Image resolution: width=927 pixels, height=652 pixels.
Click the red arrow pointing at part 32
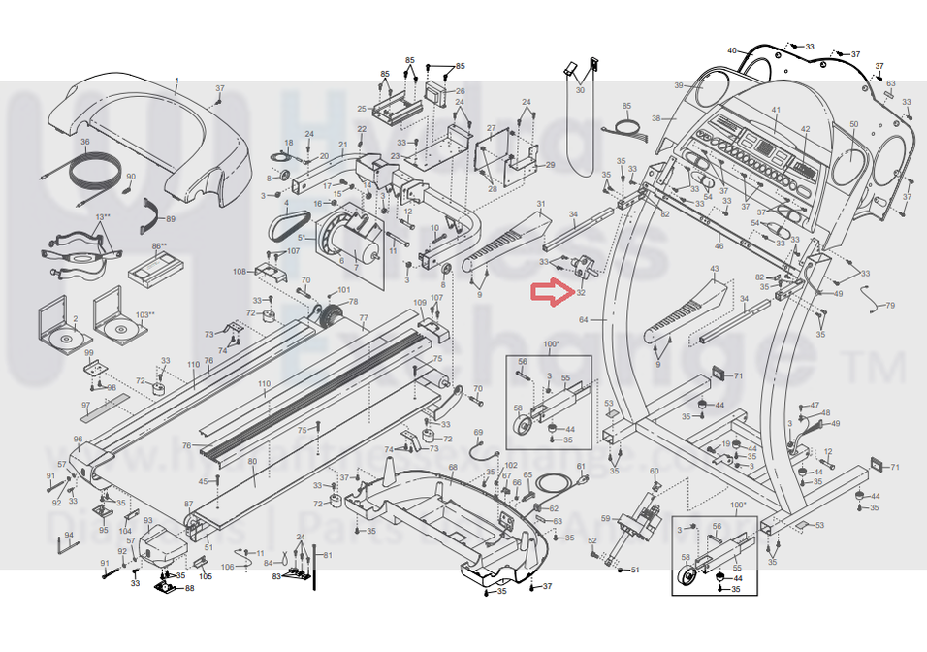(x=549, y=293)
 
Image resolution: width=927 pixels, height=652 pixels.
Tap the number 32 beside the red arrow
(x=580, y=293)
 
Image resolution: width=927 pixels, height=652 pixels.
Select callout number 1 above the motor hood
(x=176, y=80)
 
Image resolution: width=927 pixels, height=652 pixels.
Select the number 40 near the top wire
(x=732, y=50)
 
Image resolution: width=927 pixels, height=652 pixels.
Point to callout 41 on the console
(x=776, y=110)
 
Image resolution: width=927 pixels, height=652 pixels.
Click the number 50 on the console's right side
(x=853, y=125)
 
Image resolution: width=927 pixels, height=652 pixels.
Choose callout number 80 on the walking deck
(x=252, y=462)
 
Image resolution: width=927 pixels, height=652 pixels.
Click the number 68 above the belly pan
(x=452, y=468)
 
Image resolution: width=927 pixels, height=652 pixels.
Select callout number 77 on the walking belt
(x=364, y=318)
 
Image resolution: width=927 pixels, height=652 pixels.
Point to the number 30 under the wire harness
(x=580, y=90)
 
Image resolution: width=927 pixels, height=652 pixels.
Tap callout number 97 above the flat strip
(x=85, y=405)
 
